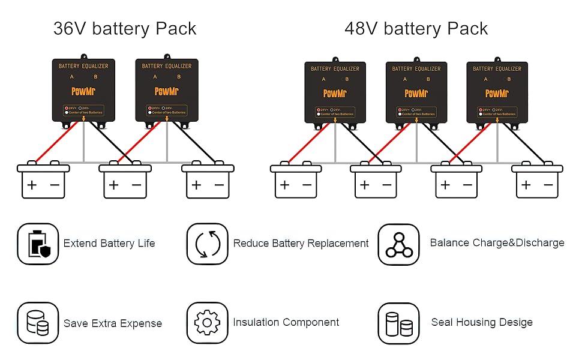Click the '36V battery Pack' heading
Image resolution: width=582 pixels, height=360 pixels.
(x=125, y=28)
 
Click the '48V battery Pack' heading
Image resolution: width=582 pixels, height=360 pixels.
(x=416, y=28)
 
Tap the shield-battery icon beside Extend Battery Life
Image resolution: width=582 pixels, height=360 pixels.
(x=38, y=244)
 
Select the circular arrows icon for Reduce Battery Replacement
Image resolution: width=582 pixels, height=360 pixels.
(x=207, y=244)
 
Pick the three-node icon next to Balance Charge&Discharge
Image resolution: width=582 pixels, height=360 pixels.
(x=399, y=244)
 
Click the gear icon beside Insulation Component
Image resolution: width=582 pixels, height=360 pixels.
(x=207, y=323)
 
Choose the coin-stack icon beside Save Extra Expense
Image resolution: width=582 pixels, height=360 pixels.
(x=38, y=323)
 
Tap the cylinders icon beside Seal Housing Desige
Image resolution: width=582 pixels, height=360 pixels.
(x=399, y=323)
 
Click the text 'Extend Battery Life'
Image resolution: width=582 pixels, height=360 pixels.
(x=109, y=244)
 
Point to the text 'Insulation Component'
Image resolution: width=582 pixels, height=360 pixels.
(x=286, y=323)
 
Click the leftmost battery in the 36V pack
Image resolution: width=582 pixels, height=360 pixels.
(x=43, y=181)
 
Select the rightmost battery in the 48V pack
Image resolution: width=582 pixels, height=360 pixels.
(x=538, y=181)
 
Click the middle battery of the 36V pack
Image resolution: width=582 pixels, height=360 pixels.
(x=125, y=181)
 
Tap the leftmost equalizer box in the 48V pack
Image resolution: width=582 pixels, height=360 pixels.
(x=335, y=92)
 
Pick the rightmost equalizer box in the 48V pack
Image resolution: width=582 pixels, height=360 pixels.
(x=497, y=92)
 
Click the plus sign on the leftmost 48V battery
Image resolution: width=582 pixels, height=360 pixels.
(x=284, y=185)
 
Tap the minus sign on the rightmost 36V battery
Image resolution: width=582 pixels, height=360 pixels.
(x=219, y=185)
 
